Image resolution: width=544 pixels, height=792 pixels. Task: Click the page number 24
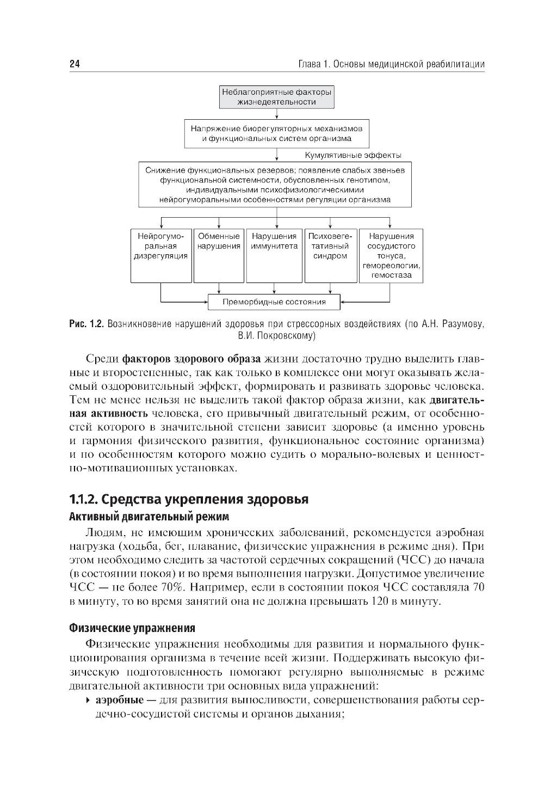75,64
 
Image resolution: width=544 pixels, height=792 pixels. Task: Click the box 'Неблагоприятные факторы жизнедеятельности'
276,97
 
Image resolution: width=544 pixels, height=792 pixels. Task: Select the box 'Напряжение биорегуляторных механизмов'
276,133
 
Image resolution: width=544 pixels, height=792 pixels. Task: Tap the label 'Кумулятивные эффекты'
353,155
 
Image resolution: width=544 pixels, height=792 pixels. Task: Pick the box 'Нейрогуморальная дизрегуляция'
161,255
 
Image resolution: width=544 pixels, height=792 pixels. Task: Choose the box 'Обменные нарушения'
219,255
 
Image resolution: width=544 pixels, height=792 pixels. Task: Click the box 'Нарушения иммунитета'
274,255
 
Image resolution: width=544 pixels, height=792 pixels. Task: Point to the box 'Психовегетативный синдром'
330,255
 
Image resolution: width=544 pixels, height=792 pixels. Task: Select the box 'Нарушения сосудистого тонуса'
391,255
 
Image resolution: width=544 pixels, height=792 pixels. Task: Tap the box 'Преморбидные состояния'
274,302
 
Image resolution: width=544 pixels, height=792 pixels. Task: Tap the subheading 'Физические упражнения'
132,628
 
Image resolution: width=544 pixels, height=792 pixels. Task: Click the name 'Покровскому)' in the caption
288,335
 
